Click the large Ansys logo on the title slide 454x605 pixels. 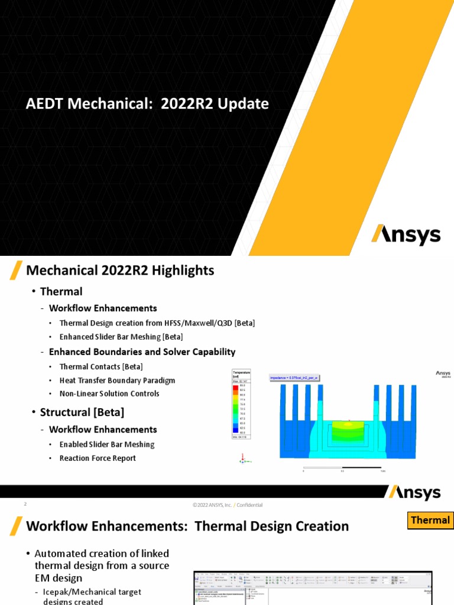[406, 235]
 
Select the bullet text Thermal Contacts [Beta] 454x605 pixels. [101, 366]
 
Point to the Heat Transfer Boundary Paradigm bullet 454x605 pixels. [117, 380]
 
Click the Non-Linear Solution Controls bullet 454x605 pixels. [109, 393]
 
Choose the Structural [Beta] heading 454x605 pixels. [82, 412]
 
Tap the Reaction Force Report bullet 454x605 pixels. [98, 458]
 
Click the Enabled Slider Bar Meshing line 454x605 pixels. [106, 444]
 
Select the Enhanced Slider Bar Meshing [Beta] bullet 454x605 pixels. [121, 337]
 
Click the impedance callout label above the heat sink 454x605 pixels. [294, 377]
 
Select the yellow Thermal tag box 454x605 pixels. [430, 520]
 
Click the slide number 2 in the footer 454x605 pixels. [25, 505]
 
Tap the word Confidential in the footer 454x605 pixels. [250, 505]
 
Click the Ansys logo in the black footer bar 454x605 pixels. [414, 492]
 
